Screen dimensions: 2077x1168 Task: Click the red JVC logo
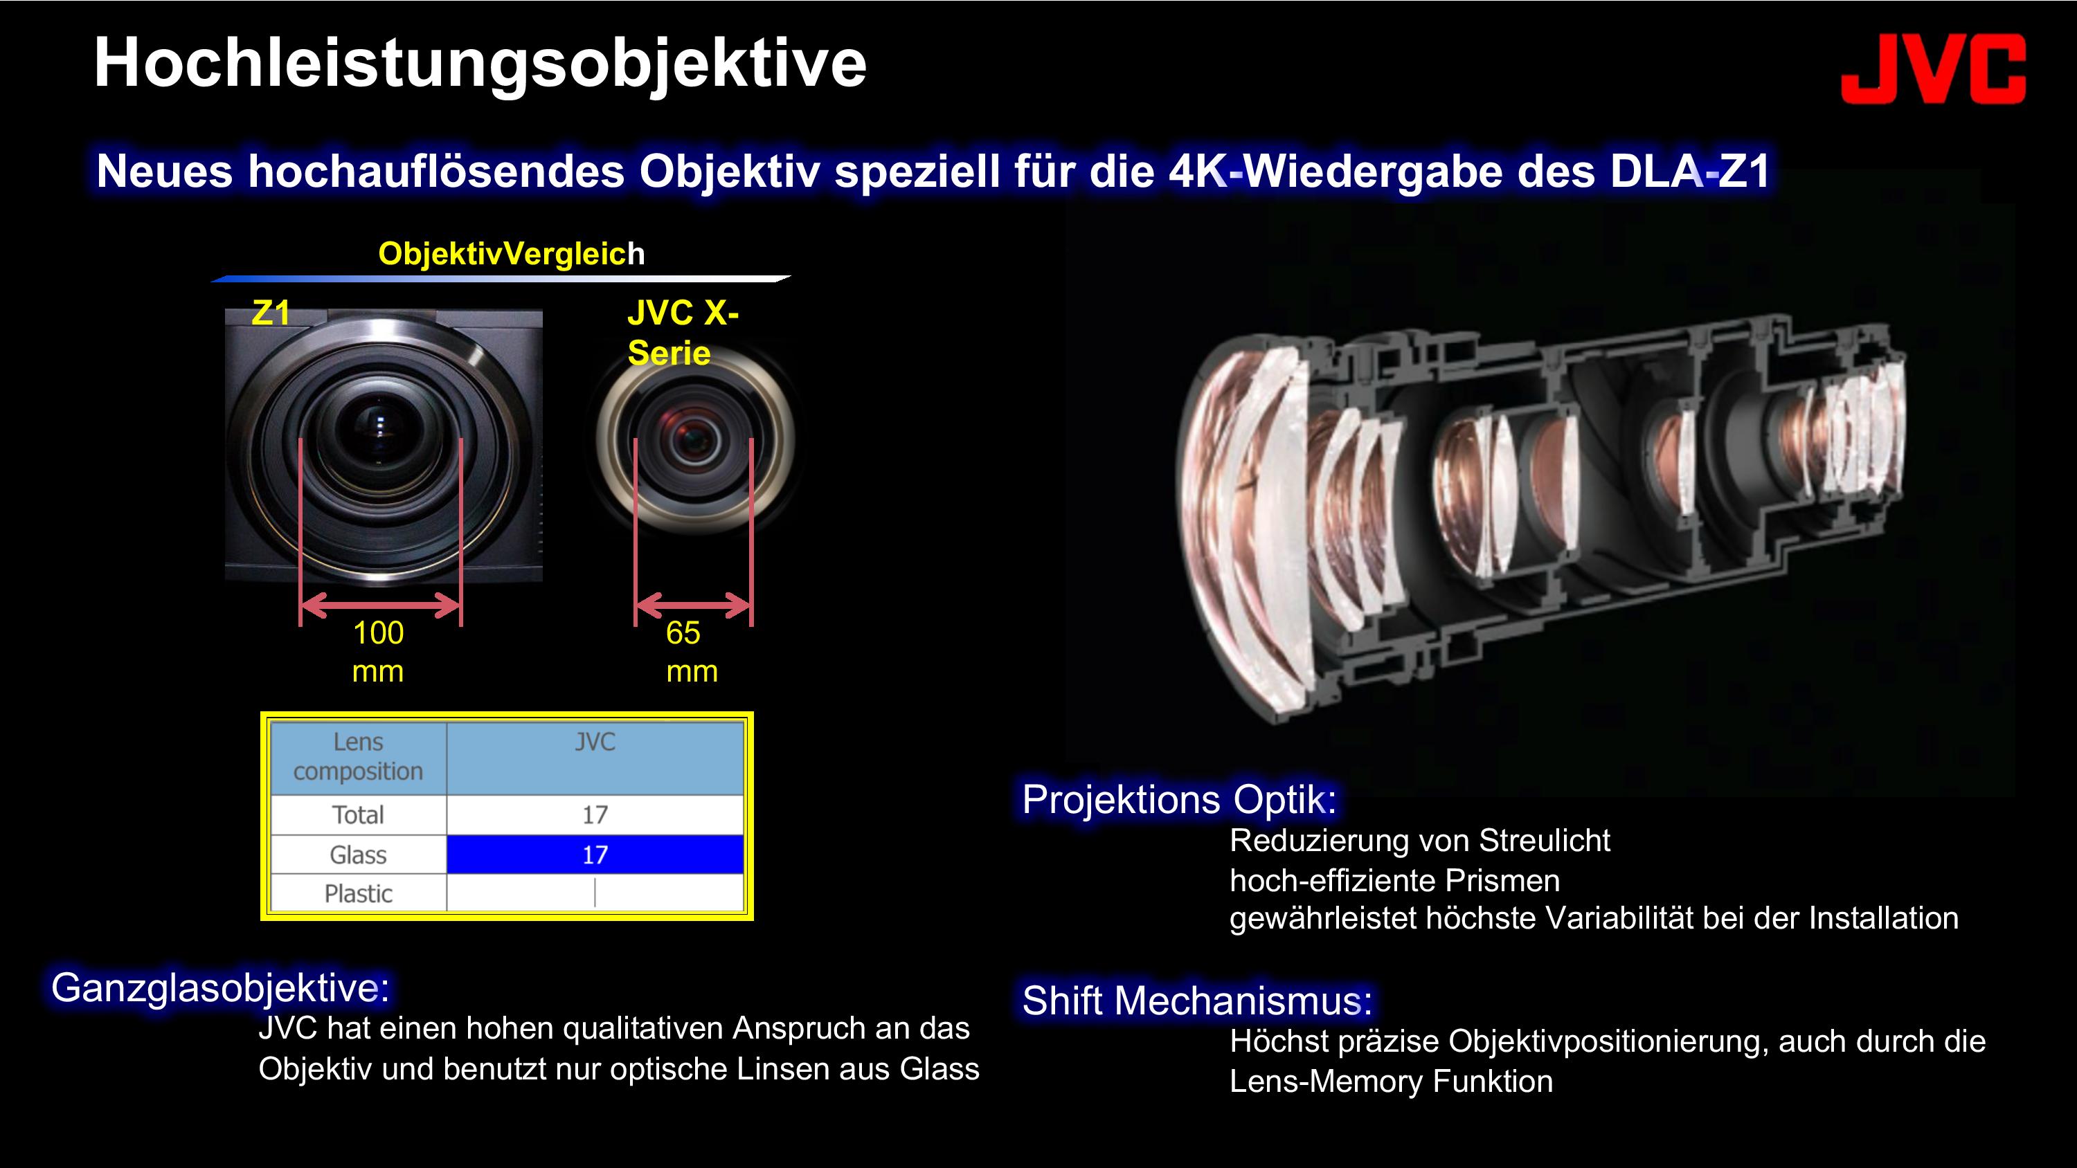point(1933,69)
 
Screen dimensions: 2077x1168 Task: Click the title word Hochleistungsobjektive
point(480,63)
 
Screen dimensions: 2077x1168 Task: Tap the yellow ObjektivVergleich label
point(511,253)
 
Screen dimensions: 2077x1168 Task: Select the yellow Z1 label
point(271,313)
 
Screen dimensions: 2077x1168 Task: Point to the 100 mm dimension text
point(378,651)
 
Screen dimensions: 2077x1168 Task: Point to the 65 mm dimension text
point(692,651)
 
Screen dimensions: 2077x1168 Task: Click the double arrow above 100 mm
point(380,605)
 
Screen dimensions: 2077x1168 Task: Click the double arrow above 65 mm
point(694,605)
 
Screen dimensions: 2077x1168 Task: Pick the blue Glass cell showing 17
point(595,855)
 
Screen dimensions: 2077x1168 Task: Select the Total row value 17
point(595,815)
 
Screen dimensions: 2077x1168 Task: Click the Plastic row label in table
point(358,893)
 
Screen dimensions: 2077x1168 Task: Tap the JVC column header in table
point(595,742)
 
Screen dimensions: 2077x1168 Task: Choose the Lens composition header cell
point(358,757)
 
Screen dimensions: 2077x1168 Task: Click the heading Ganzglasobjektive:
point(220,987)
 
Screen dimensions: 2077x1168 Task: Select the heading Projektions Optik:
point(1180,800)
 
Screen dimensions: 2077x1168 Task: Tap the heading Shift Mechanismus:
point(1196,1001)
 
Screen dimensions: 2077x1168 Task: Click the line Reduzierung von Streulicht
point(1420,841)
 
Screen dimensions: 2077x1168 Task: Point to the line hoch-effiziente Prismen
point(1395,880)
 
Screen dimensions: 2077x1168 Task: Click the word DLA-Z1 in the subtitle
point(1690,171)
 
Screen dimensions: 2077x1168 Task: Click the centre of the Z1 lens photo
point(383,445)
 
